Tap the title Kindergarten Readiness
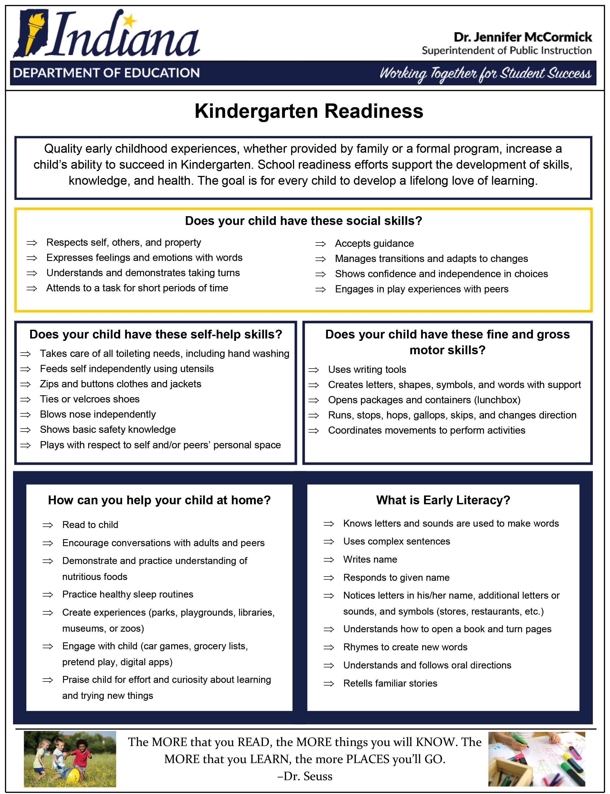coord(309,111)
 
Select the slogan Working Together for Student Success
coord(485,74)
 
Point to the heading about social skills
coord(304,221)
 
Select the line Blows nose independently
coord(98,414)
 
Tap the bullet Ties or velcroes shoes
coord(90,399)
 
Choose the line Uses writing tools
coord(367,370)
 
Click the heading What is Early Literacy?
coord(443,500)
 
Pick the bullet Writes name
coord(370,559)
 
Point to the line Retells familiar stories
coord(390,683)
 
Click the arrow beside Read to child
coord(48,525)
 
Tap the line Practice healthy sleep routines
coord(128,594)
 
